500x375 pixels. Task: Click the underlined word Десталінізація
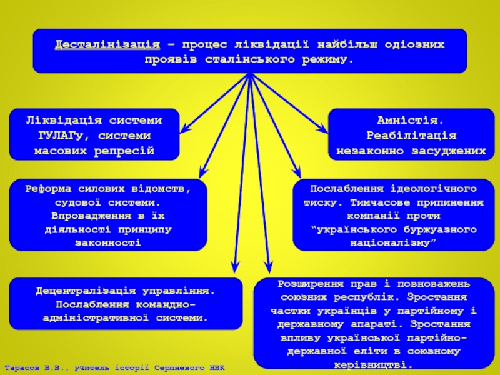point(106,45)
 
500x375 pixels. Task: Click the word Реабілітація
point(411,135)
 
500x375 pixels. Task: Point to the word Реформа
point(51,189)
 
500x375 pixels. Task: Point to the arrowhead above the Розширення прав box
point(268,267)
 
